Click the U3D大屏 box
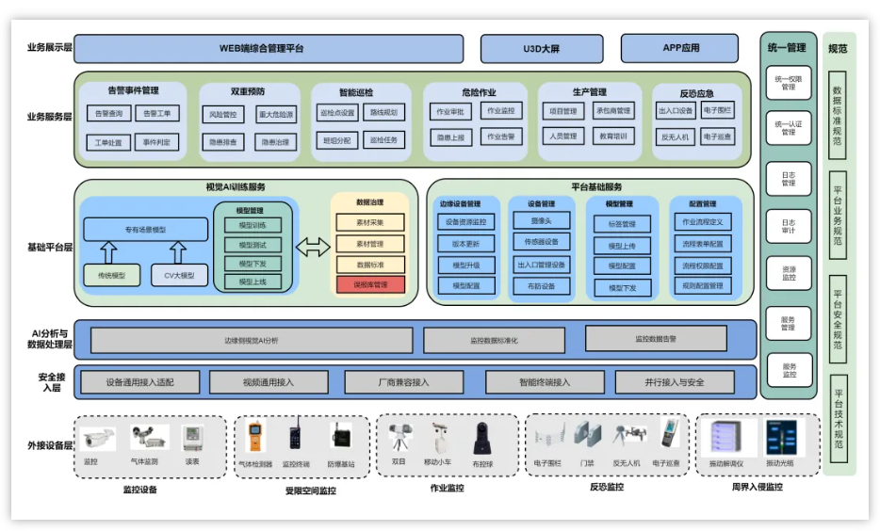click(542, 49)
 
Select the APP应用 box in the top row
click(679, 48)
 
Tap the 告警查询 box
click(109, 113)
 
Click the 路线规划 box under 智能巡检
click(383, 113)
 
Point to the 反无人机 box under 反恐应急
click(675, 137)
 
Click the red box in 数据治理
click(370, 284)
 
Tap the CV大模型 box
click(179, 275)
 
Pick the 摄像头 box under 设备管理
click(542, 221)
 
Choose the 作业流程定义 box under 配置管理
click(702, 222)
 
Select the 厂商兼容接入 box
click(402, 382)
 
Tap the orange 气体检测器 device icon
click(254, 439)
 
